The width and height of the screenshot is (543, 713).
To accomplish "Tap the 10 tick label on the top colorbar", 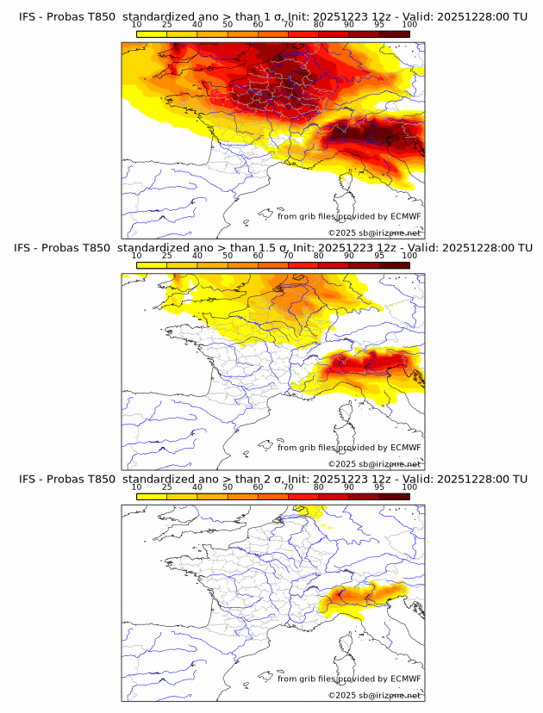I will [136, 24].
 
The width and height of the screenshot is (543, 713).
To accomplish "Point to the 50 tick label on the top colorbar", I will [228, 24].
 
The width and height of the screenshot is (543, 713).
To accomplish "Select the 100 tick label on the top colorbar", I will [409, 24].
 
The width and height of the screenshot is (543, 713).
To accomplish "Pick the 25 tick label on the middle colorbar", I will [166, 255].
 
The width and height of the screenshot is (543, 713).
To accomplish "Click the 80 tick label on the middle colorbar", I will [319, 255].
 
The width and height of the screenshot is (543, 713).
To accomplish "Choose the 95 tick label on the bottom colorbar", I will [379, 486].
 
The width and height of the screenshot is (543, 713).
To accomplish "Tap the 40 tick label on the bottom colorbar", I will [197, 486].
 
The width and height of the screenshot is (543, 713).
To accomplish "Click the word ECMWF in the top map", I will [405, 217].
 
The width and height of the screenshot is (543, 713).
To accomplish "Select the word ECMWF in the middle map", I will [405, 448].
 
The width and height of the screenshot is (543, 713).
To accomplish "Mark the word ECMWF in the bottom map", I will [405, 679].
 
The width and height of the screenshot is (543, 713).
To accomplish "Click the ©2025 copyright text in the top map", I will [342, 233].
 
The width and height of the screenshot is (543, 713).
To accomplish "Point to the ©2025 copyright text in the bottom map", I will [342, 695].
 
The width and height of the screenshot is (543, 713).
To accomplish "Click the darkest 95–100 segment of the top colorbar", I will [394, 34].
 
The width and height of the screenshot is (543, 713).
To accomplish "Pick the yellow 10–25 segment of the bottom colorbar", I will [152, 495].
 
